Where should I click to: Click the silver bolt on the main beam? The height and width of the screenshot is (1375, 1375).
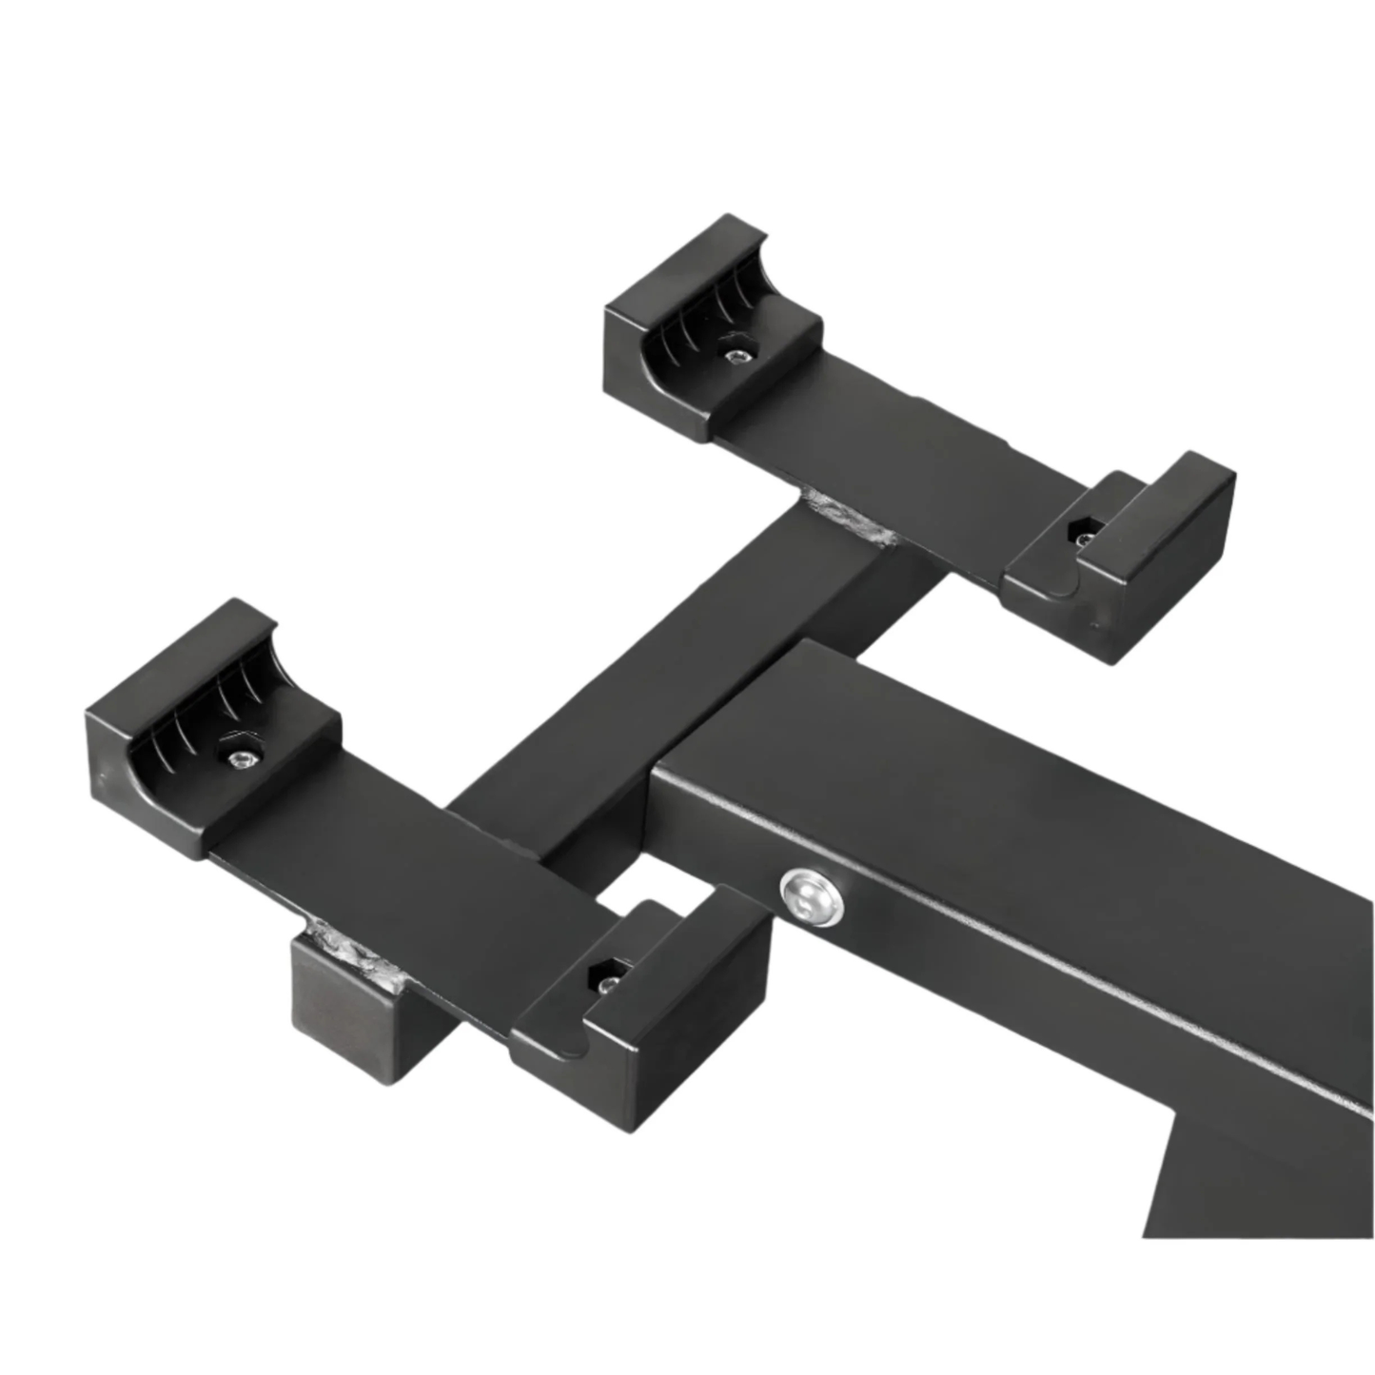(812, 895)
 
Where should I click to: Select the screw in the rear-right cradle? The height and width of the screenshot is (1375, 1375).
(1085, 538)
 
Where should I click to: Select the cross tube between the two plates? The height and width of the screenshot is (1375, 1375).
(666, 666)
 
